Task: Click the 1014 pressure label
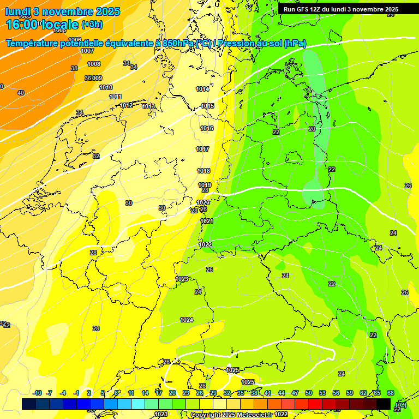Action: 202,89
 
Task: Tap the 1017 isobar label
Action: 202,149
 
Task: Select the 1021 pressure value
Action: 207,221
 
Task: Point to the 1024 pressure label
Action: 187,320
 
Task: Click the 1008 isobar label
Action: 94,64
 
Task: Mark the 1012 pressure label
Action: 126,105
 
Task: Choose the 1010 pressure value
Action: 106,87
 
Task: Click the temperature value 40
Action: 21,93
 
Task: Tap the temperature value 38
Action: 74,68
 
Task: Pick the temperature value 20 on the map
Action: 312,129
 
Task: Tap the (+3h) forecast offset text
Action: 91,25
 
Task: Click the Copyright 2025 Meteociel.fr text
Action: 231,415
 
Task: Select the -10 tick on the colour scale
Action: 38,393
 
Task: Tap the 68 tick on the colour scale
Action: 391,393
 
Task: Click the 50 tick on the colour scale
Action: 309,393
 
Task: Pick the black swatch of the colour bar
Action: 384,404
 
